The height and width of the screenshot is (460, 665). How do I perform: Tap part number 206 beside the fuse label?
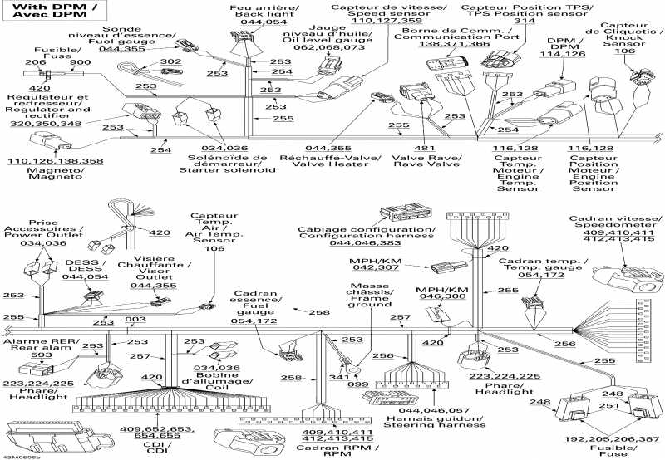[35, 63]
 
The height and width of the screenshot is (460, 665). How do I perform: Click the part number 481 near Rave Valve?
[424, 149]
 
